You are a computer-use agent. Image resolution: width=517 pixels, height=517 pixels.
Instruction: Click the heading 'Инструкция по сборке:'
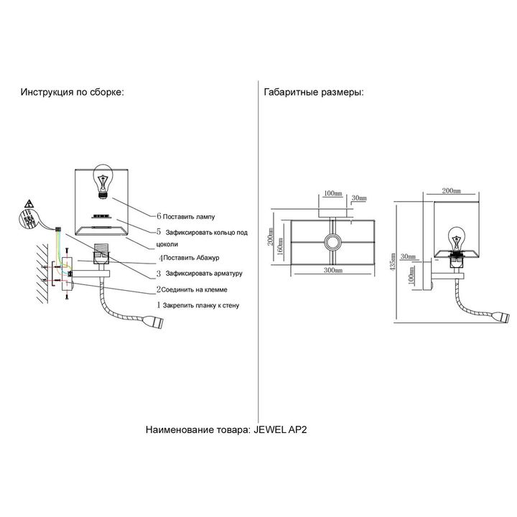pos(72,93)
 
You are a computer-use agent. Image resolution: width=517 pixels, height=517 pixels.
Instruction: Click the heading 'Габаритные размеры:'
pos(313,93)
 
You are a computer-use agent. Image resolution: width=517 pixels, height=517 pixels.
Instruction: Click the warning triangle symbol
pos(27,203)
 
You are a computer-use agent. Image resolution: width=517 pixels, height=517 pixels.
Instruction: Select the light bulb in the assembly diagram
pos(103,180)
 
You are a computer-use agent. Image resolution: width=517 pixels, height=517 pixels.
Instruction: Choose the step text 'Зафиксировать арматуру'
pos(203,274)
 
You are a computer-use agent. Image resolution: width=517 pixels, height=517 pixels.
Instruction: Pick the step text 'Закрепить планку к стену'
pos(202,305)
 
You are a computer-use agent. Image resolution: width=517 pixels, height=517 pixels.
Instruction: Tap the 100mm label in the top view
pos(332,193)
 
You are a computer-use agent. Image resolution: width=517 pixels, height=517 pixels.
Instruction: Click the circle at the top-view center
pos(332,242)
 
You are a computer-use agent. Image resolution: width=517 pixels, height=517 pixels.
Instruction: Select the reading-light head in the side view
pos(501,317)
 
